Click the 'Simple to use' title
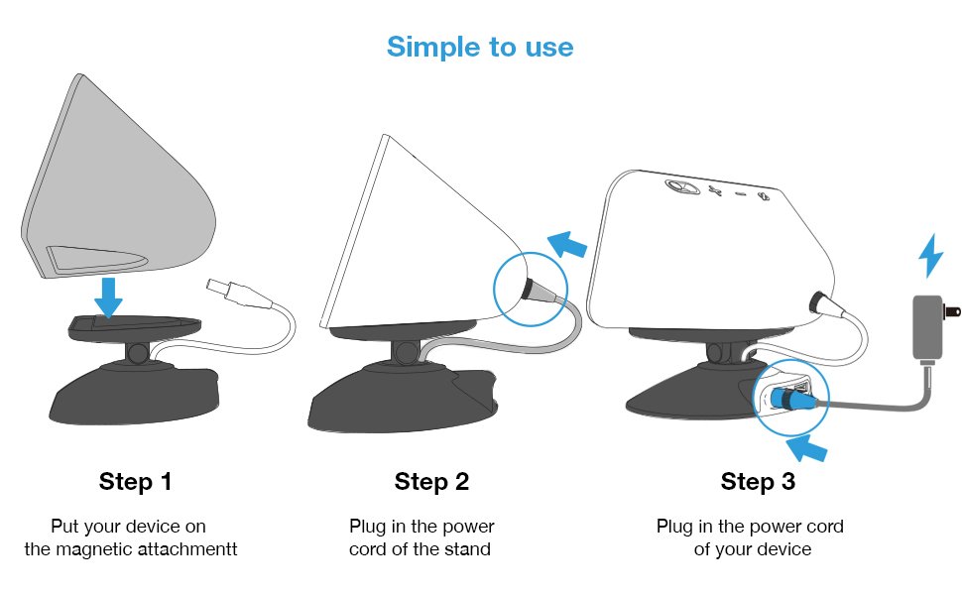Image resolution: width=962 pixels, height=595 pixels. [x=480, y=48]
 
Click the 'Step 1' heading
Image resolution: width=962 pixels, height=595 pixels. [x=135, y=482]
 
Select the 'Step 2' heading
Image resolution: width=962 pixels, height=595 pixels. [x=432, y=482]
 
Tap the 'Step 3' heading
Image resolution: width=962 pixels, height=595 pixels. [x=758, y=482]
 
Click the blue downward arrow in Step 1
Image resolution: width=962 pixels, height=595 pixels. [x=108, y=297]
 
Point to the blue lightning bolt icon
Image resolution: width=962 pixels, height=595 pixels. [x=930, y=255]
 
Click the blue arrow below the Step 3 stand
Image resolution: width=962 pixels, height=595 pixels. [x=806, y=448]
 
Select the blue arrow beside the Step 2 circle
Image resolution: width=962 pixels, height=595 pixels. [x=566, y=244]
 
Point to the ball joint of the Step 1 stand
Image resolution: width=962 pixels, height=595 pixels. [x=138, y=353]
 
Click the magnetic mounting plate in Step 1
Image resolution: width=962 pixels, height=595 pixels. [x=134, y=328]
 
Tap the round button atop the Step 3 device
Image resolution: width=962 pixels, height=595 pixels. [x=681, y=186]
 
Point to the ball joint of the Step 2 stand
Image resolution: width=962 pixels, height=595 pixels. [x=405, y=352]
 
